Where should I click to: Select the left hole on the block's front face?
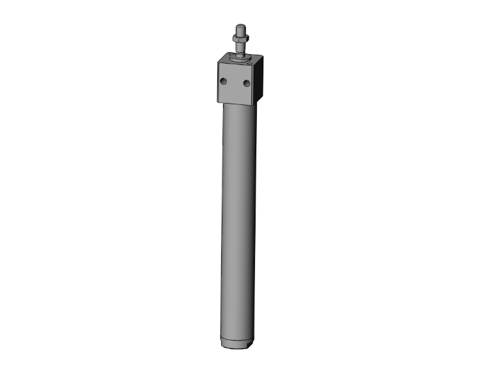tap(224, 81)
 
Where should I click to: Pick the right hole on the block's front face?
tap(247, 84)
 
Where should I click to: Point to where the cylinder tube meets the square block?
tap(239, 106)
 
